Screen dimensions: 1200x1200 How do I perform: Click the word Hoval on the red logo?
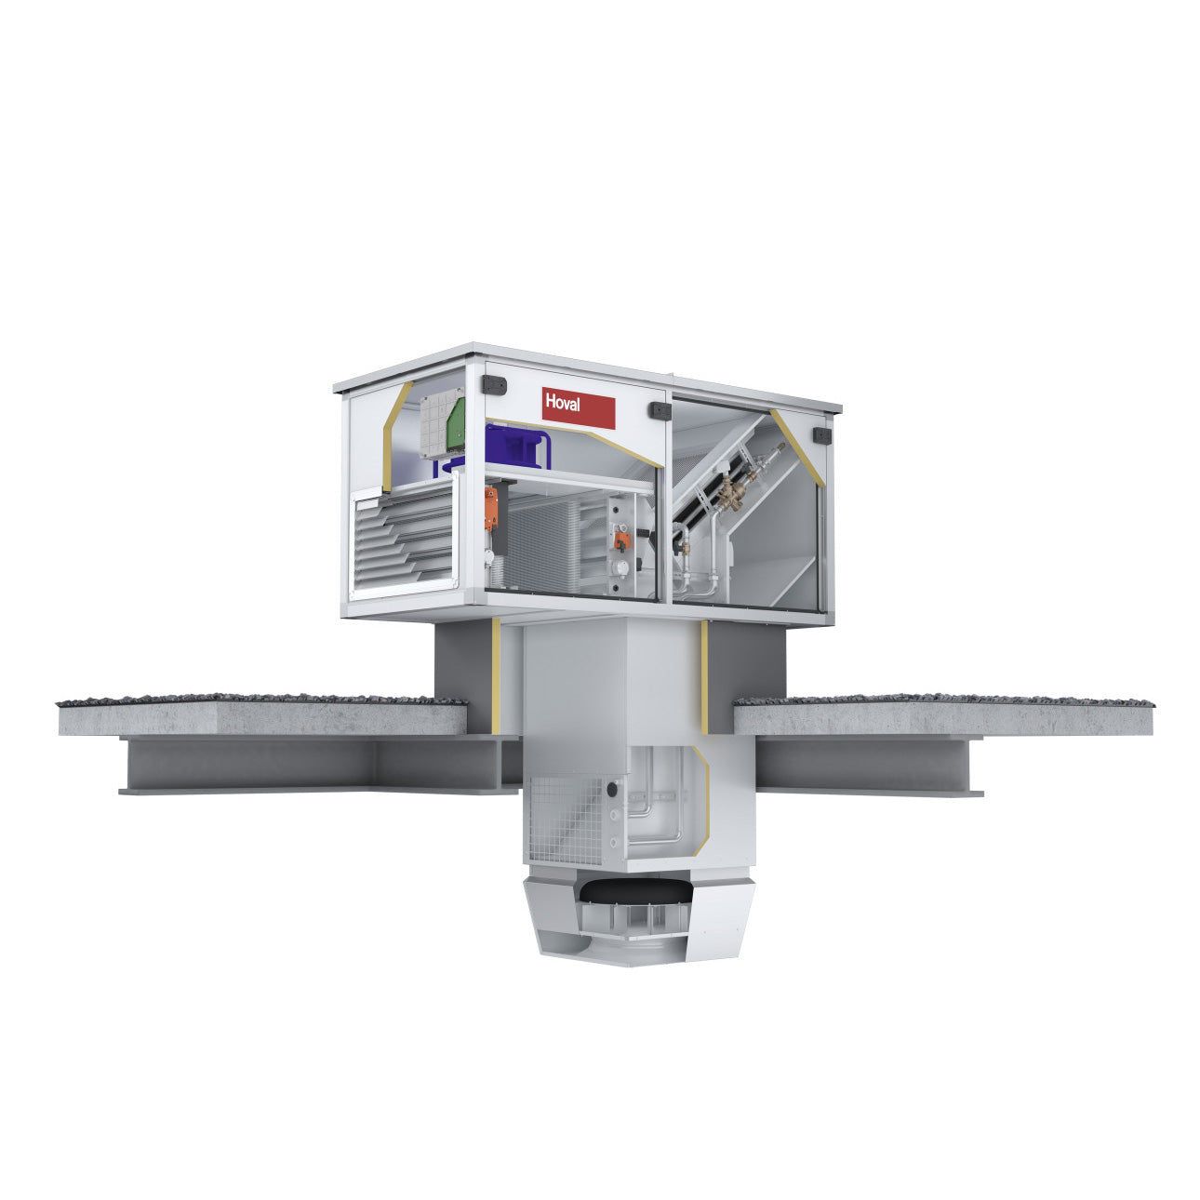click(x=562, y=402)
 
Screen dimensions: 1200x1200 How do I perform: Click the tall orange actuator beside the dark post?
click(x=491, y=508)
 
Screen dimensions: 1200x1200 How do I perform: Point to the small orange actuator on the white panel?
click(x=621, y=540)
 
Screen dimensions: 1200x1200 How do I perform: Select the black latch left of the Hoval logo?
click(x=494, y=385)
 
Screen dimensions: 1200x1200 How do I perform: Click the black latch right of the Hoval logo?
click(x=660, y=410)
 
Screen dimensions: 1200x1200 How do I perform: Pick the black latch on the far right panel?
click(x=822, y=435)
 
